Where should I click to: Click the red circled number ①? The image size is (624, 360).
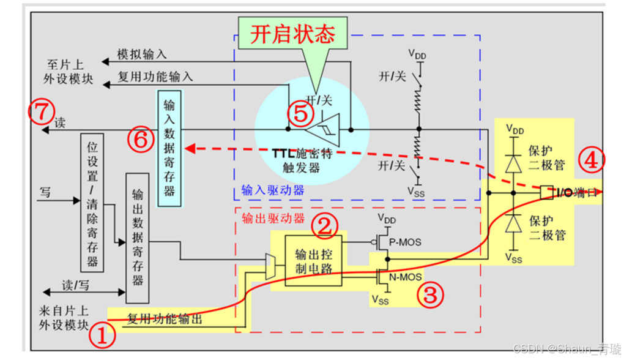click(102, 336)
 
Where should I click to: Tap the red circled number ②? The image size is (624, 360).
click(325, 225)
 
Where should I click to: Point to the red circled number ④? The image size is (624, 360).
click(592, 160)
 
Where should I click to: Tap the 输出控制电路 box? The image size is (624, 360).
click(314, 261)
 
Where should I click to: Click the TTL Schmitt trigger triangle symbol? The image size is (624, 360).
click(327, 130)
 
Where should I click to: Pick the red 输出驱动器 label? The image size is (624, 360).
click(265, 219)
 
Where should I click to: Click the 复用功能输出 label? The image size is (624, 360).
click(165, 319)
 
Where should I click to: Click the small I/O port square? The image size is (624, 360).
click(546, 192)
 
